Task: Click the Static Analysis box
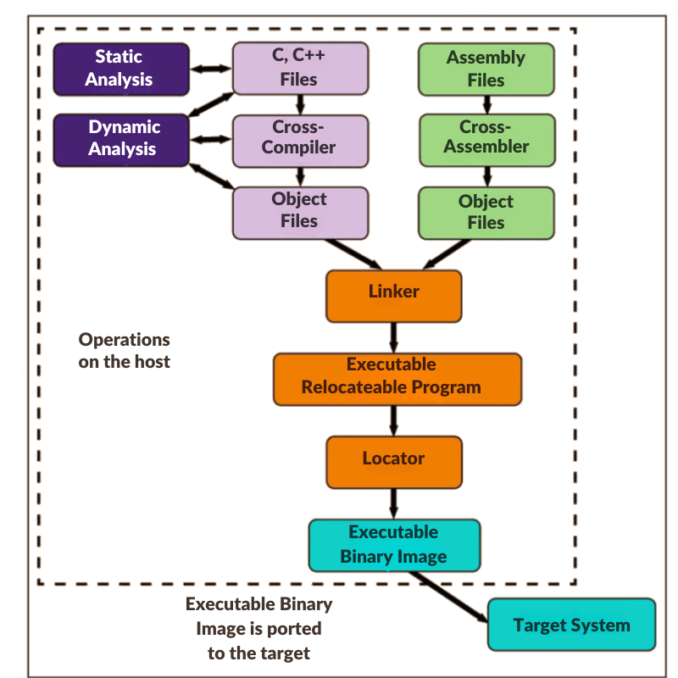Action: tap(119, 69)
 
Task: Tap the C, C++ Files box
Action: tap(300, 69)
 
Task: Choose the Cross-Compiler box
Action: tap(300, 138)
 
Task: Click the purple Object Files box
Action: tap(300, 210)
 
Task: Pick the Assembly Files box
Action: tap(486, 69)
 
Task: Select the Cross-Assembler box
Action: tap(486, 138)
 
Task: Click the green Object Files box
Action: tap(486, 212)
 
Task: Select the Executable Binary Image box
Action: tap(394, 544)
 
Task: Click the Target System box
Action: tap(571, 625)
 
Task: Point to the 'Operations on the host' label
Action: tap(125, 350)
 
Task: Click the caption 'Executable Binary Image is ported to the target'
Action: tap(258, 629)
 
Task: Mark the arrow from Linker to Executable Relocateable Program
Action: tap(394, 336)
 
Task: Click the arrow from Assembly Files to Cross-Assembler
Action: tap(486, 104)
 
